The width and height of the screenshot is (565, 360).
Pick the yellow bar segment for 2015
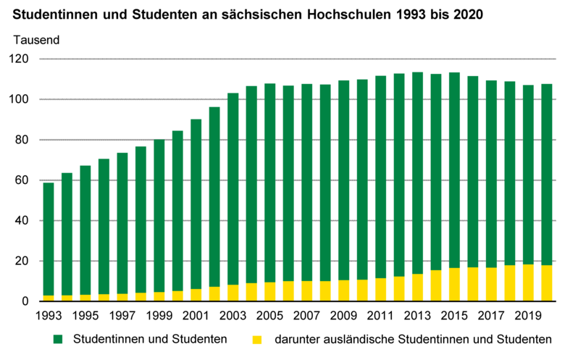coord(454,285)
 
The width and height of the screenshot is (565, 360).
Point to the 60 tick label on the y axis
coord(23,180)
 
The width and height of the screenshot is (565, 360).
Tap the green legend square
coord(57,339)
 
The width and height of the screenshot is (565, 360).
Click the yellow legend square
coord(256,339)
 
